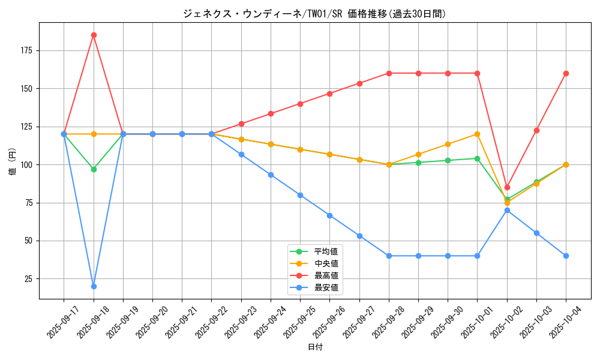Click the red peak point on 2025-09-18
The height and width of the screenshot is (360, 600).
(94, 35)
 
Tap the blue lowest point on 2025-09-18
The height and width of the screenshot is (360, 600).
(94, 286)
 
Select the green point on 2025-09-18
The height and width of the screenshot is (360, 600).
(94, 169)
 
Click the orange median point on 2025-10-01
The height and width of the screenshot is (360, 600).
(478, 134)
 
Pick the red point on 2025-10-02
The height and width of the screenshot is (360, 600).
(507, 187)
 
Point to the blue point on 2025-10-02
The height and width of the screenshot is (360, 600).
(507, 210)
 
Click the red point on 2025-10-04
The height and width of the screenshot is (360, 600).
(566, 73)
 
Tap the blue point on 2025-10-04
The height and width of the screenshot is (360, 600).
(566, 256)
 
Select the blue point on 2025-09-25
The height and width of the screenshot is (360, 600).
(300, 195)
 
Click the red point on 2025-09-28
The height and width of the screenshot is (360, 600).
(389, 73)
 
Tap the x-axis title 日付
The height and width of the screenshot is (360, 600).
(315, 347)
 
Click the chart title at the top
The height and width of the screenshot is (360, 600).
(315, 14)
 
